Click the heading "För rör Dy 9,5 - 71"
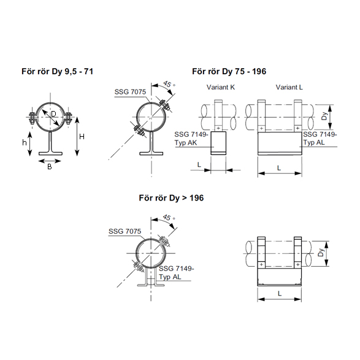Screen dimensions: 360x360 (58, 71)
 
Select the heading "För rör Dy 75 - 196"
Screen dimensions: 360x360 (229, 71)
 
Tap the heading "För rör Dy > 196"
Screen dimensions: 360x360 (171, 198)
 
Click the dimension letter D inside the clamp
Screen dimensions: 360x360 (53, 113)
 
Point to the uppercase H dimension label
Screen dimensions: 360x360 (82, 137)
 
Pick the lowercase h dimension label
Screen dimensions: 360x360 (25, 142)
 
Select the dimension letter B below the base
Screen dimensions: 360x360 (50, 167)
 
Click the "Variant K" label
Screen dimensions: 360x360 (221, 87)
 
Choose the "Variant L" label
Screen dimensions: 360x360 (289, 87)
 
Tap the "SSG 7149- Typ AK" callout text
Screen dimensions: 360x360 (191, 139)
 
